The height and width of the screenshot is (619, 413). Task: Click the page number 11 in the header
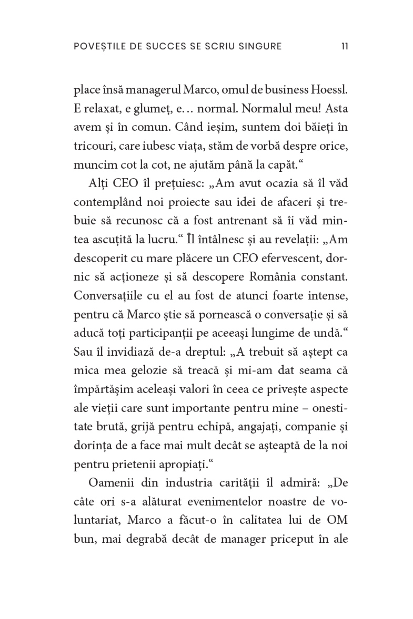pyautogui.click(x=344, y=47)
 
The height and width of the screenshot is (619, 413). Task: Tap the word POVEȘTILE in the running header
pyautogui.click(x=97, y=47)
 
